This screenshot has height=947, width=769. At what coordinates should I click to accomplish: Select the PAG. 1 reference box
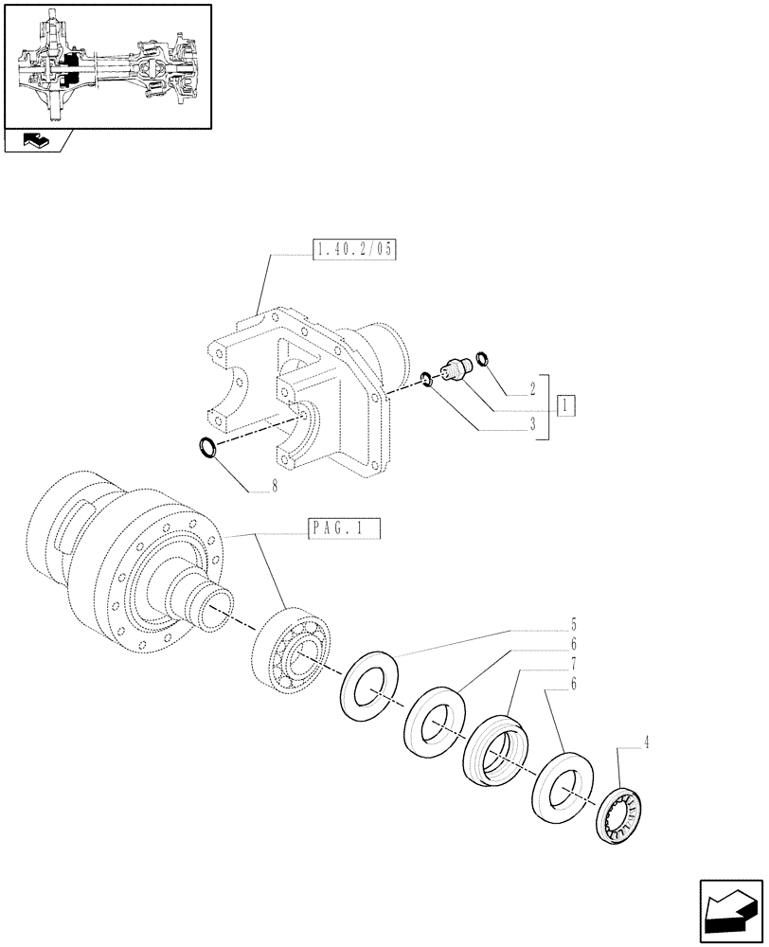(x=344, y=528)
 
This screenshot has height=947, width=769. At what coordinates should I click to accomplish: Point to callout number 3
(x=532, y=425)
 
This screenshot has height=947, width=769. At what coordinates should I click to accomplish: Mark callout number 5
(x=574, y=625)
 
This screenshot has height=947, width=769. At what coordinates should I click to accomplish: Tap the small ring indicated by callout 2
(x=482, y=358)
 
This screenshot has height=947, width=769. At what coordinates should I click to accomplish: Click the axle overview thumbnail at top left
(x=107, y=66)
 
